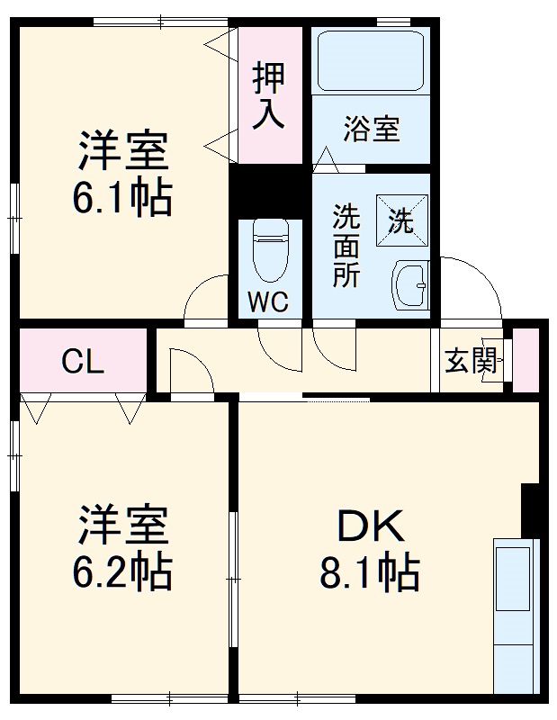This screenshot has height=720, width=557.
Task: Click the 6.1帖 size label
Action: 122,199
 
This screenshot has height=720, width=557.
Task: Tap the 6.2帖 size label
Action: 123,571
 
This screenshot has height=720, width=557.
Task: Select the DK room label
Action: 370,525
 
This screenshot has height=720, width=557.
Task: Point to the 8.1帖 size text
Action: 370,571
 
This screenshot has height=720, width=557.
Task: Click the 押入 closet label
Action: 268,95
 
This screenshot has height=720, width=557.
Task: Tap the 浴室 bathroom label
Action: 371,129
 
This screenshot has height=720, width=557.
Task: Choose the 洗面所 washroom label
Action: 346,245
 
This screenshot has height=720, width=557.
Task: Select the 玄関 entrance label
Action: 471,361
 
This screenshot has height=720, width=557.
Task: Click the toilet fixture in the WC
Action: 269,251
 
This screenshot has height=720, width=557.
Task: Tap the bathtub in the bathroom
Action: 370,60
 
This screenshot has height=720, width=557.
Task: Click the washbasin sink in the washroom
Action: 411,285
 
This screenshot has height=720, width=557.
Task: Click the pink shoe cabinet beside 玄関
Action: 526,360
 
